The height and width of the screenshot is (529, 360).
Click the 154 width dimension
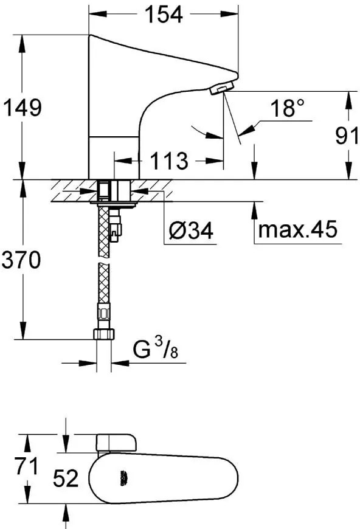point(163,15)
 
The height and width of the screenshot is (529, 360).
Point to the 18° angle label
point(286,109)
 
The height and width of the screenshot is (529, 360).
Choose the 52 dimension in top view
point(65,479)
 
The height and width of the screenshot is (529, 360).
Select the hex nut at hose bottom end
point(104,334)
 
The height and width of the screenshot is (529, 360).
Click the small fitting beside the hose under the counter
point(117,230)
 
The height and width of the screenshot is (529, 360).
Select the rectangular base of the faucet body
point(114,157)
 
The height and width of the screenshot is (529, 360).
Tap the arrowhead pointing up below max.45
point(253,209)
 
